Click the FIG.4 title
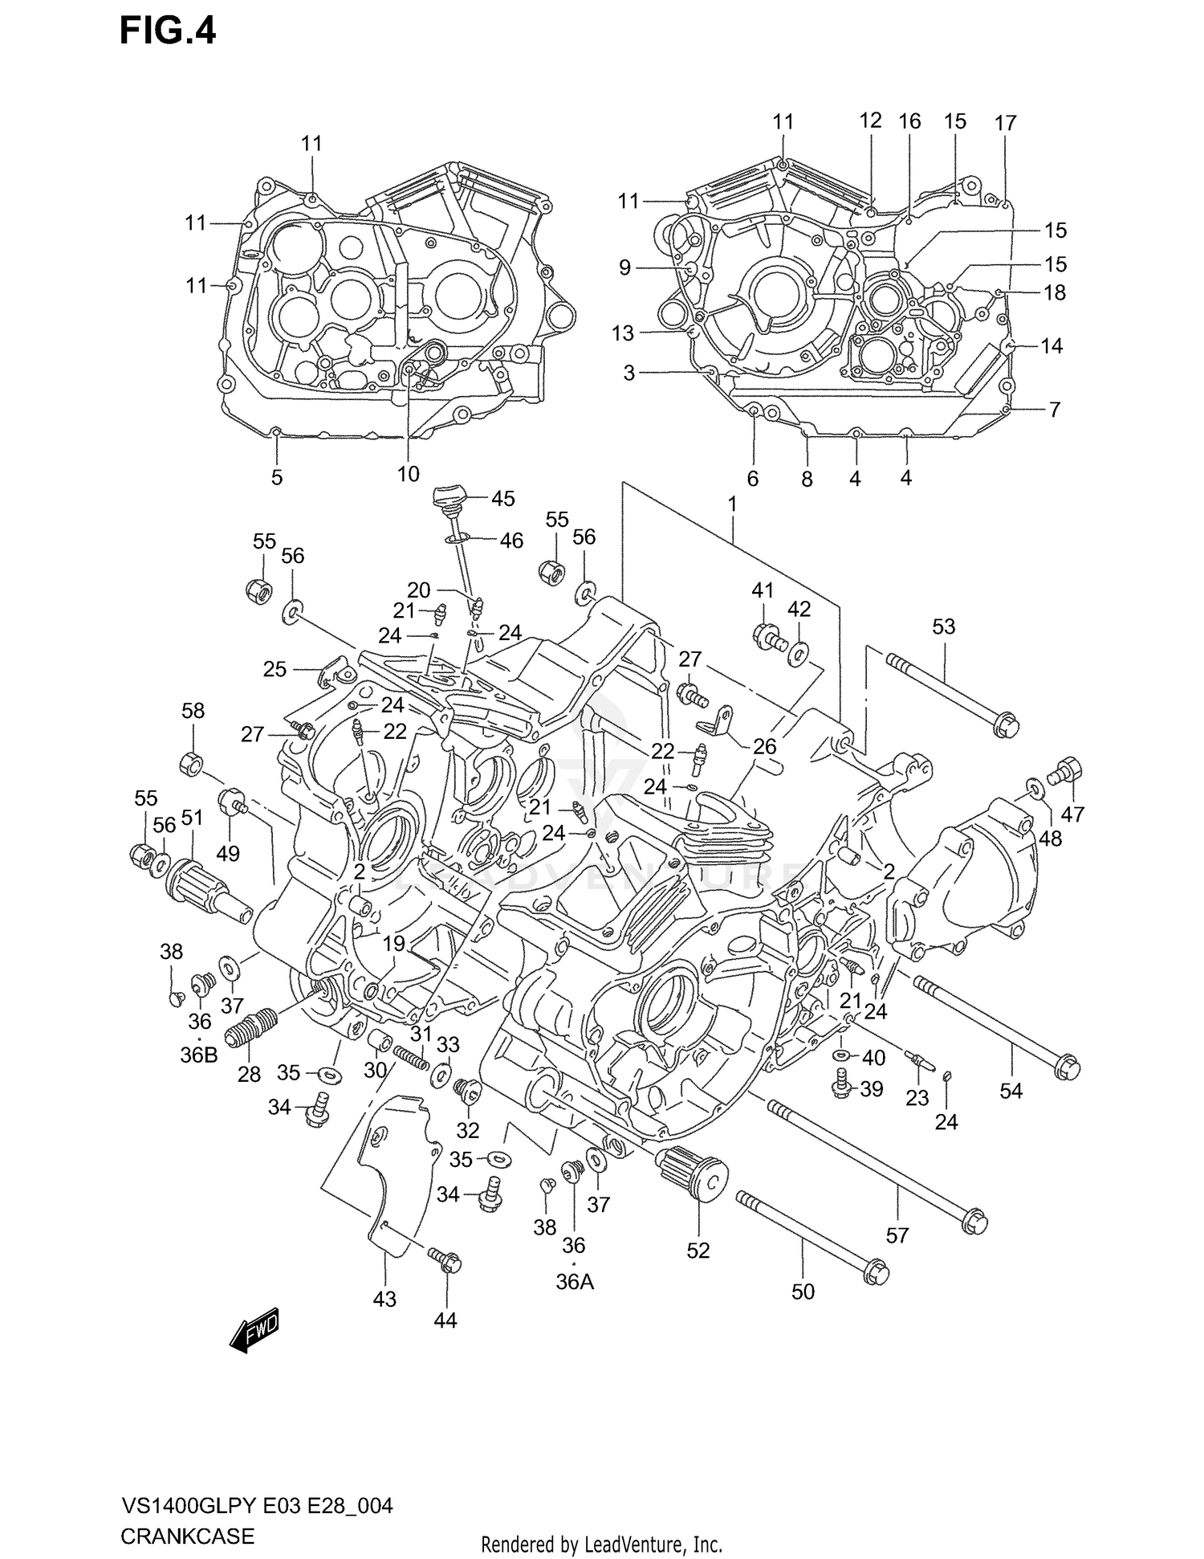pyautogui.click(x=168, y=31)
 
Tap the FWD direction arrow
pyautogui.click(x=254, y=1333)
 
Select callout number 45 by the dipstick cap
pyautogui.click(x=502, y=498)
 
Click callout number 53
pyautogui.click(x=943, y=626)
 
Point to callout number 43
pyautogui.click(x=384, y=1299)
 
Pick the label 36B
pyautogui.click(x=198, y=1055)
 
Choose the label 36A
pyautogui.click(x=575, y=1282)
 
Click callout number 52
pyautogui.click(x=698, y=1250)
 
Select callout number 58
pyautogui.click(x=193, y=710)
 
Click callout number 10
pyautogui.click(x=408, y=474)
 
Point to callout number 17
pyautogui.click(x=1005, y=123)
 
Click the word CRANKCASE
pyautogui.click(x=187, y=1536)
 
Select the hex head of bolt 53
pyautogui.click(x=1007, y=726)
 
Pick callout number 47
pyautogui.click(x=1072, y=814)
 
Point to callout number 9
pyautogui.click(x=624, y=267)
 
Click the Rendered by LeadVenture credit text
pyautogui.click(x=601, y=1544)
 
